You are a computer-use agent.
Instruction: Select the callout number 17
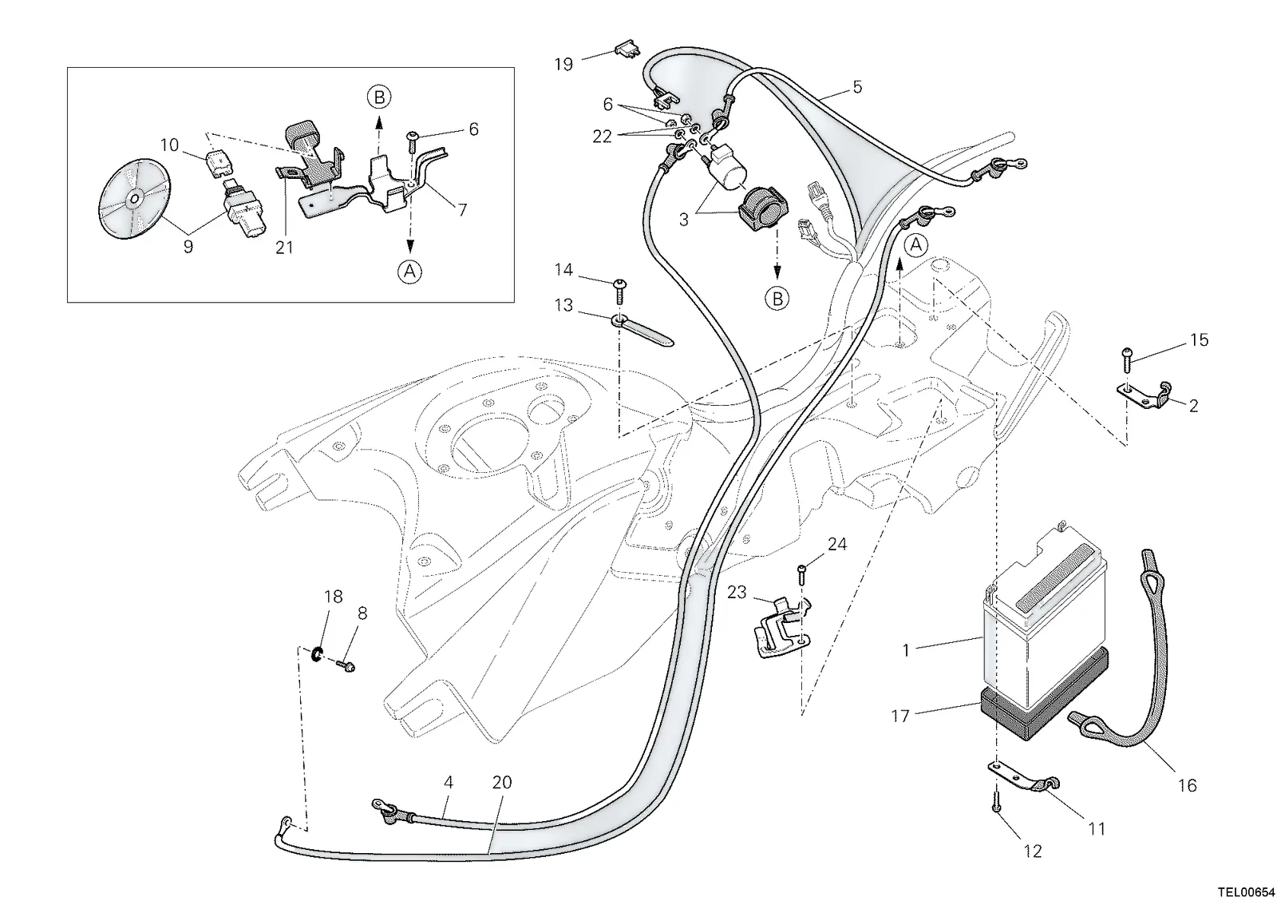(901, 716)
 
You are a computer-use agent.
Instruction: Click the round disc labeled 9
(135, 199)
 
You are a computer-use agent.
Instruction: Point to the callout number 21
(284, 247)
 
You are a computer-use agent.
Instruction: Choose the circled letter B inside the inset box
(379, 97)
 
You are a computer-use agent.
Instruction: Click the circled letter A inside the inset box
(410, 272)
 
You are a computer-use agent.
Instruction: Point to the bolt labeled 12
(996, 802)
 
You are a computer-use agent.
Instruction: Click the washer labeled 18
(316, 654)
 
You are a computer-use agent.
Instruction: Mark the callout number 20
(502, 782)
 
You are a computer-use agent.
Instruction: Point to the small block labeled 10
(218, 163)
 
